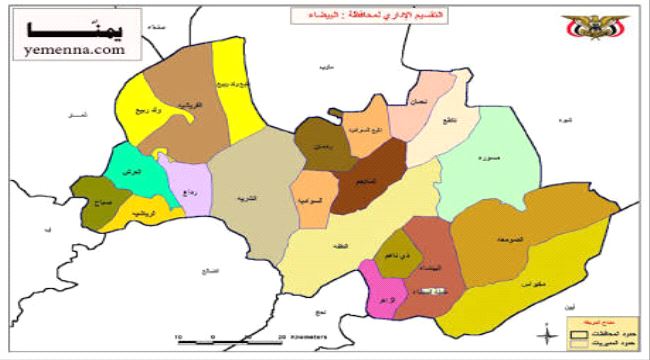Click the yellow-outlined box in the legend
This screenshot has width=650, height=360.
(577, 343)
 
